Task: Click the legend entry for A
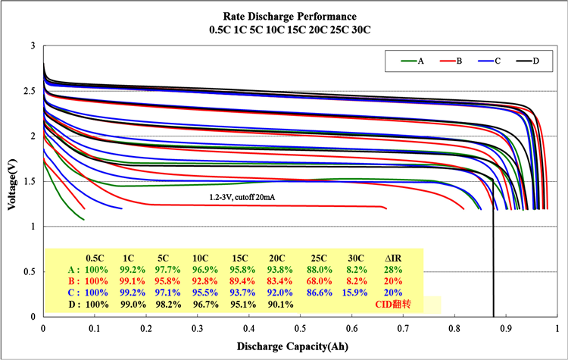pyautogui.click(x=420, y=61)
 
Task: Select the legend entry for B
pyautogui.click(x=459, y=61)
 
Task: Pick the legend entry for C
pyautogui.click(x=498, y=61)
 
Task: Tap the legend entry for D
pyautogui.click(x=536, y=61)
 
